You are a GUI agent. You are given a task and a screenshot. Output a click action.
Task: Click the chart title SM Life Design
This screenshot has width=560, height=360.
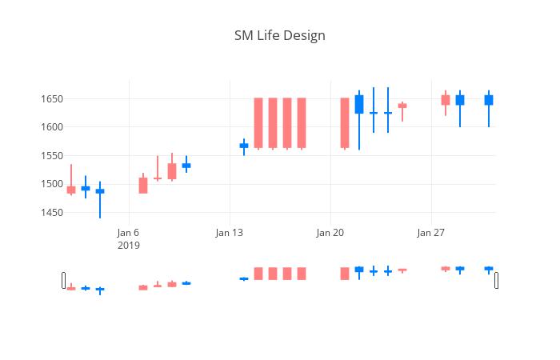coord(279,36)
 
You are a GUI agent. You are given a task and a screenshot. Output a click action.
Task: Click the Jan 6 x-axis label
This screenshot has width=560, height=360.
coord(128,233)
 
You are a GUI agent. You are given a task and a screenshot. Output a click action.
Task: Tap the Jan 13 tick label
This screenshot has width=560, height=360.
coord(229,233)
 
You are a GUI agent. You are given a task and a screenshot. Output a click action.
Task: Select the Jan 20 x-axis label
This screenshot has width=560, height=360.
coord(330,233)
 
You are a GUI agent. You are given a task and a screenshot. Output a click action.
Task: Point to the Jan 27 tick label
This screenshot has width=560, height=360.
coord(430,233)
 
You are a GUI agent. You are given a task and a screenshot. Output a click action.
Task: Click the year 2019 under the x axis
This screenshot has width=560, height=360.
coord(128,246)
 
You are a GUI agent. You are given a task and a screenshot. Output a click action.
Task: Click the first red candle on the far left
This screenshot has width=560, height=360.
coord(71,190)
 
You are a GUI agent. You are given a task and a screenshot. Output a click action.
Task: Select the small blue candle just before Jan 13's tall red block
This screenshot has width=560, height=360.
coord(244,146)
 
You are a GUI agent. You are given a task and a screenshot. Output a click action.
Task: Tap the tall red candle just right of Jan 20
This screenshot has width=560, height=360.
coord(345,122)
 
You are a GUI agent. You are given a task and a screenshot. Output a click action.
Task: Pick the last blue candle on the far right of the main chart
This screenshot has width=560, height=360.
coord(489,100)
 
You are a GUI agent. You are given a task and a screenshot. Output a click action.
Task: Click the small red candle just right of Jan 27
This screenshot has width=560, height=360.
coord(446,100)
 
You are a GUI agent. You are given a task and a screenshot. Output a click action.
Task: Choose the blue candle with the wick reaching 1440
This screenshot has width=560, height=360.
coord(100,191)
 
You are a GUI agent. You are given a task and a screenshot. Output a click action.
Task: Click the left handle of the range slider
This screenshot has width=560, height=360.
coord(64,280)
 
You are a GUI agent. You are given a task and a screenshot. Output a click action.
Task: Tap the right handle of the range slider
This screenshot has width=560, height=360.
coord(496,280)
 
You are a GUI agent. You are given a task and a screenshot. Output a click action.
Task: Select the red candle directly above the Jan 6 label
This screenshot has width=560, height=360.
coord(143,186)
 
